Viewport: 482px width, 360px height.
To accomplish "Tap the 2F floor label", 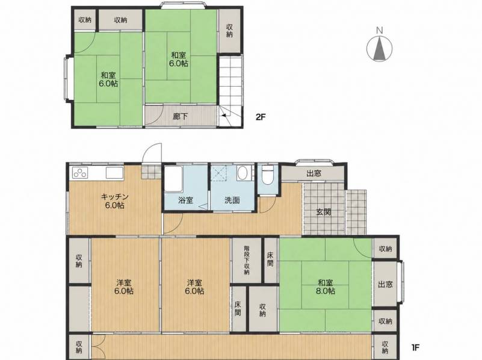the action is coord(260,117).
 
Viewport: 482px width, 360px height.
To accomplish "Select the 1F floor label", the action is coord(415,347).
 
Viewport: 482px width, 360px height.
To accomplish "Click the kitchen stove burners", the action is coord(80,173).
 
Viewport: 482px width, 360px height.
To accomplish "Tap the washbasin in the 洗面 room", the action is coord(243,173).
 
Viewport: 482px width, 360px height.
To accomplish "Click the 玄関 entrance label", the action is coord(324,212).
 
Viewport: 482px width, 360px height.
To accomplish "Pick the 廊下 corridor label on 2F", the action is coord(180,117).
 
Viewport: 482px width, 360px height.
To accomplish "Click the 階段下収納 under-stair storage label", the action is coord(247,259).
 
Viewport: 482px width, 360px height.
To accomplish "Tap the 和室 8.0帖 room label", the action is coord(325,286).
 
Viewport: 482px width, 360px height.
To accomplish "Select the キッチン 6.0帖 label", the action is coord(114,201).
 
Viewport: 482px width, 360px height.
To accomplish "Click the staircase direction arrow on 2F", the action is coord(224,116).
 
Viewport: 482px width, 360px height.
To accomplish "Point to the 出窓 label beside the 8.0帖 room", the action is coord(386,284).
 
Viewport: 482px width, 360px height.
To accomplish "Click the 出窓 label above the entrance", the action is coord(314,173).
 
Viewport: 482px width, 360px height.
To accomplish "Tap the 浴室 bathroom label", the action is coord(186,200).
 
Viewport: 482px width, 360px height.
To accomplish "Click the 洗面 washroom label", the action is coord(232,200).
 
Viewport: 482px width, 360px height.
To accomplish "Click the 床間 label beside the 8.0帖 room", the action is coord(270,259).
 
